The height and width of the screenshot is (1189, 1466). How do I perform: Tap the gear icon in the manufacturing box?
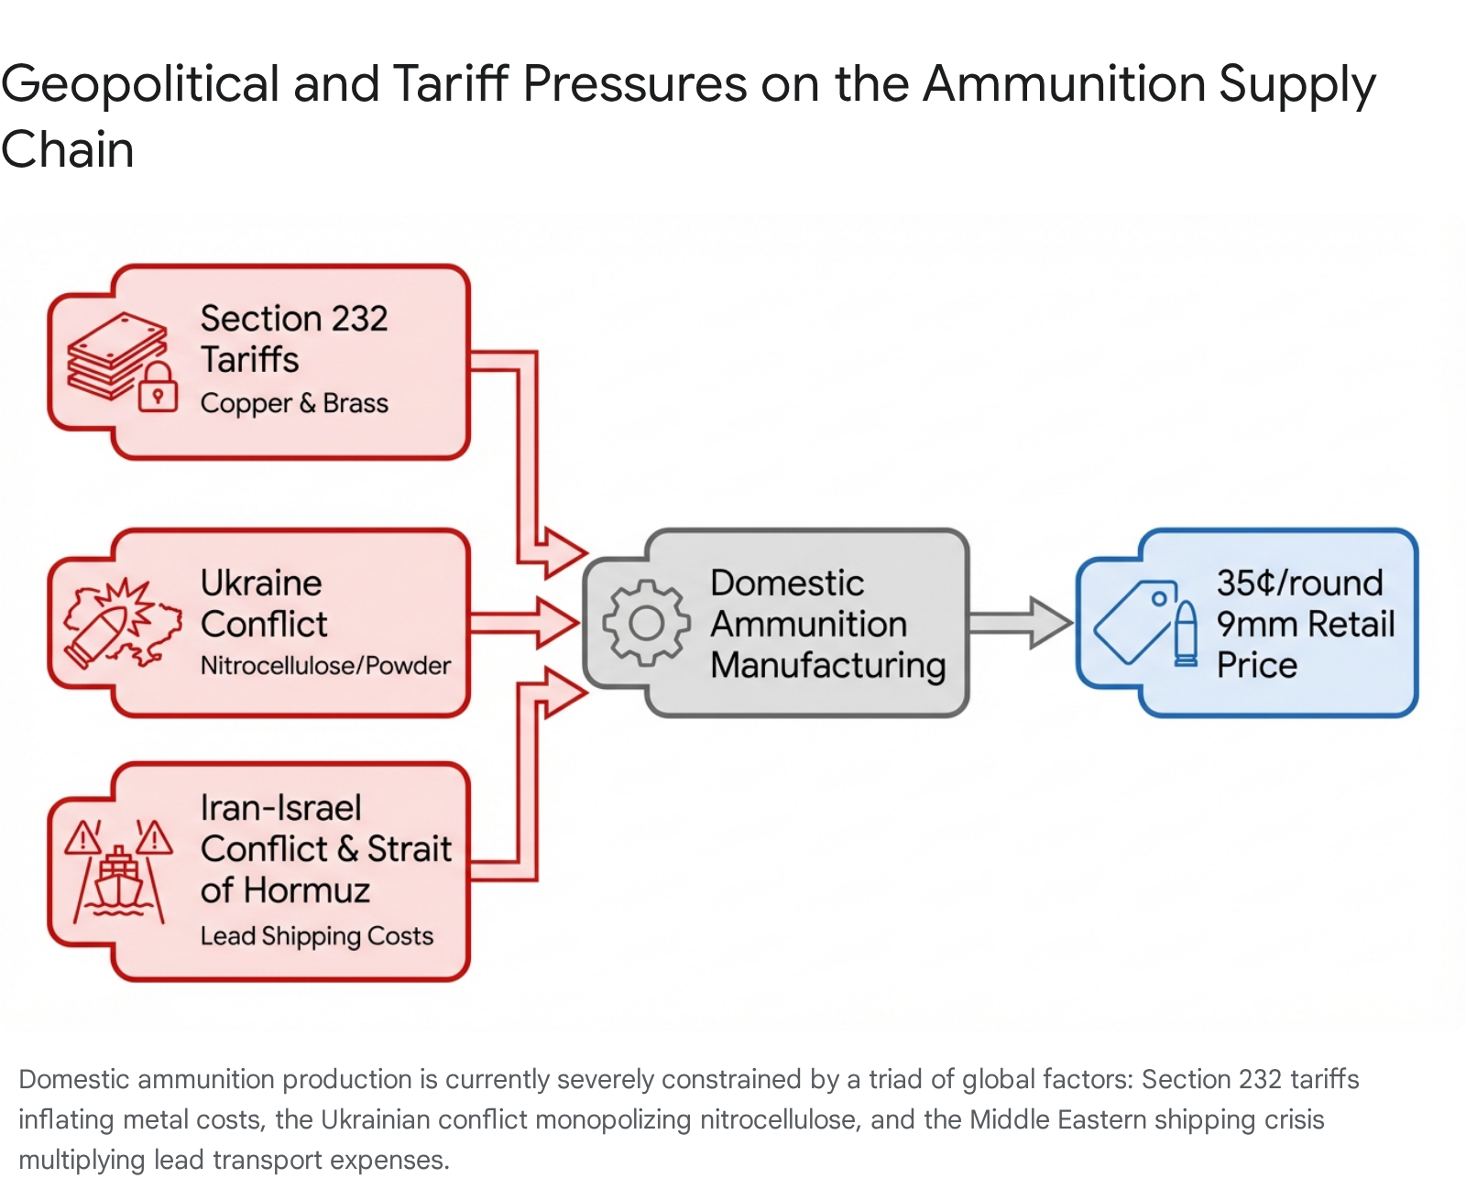click(646, 623)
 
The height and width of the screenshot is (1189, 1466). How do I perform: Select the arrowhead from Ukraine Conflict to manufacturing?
click(558, 623)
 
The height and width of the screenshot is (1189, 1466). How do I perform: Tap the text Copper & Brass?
click(294, 403)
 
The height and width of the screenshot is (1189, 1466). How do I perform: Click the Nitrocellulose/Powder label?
click(325, 665)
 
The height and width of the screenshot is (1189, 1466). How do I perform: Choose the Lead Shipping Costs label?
click(316, 935)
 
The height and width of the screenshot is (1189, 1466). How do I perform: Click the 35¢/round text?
click(1299, 583)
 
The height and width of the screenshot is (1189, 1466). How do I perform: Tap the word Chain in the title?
click(67, 149)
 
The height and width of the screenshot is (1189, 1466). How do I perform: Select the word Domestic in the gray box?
click(787, 583)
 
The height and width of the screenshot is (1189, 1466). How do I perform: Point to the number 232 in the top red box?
click(359, 319)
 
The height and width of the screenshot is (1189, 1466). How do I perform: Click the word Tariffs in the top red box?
click(249, 359)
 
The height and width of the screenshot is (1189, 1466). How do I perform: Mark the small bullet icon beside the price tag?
click(1186, 633)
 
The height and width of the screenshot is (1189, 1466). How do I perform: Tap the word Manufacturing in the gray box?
click(827, 665)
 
